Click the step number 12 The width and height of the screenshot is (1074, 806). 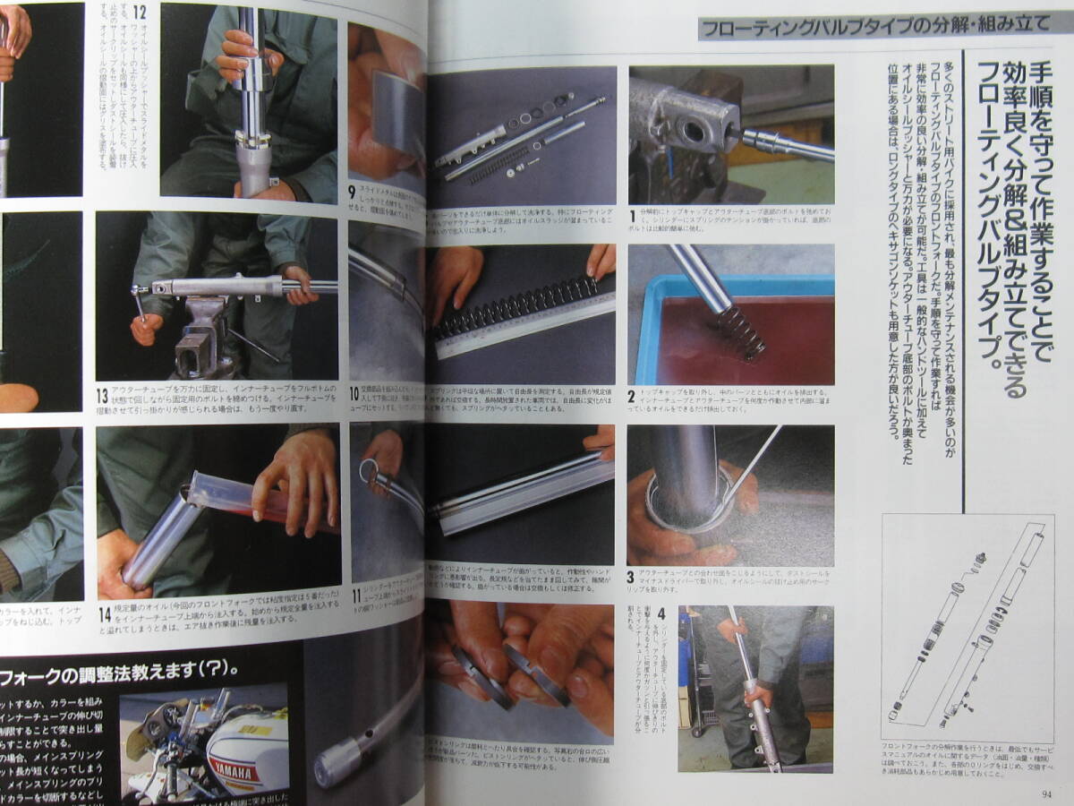[140, 15]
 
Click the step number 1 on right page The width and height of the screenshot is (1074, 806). [633, 216]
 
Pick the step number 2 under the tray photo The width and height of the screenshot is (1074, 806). [632, 395]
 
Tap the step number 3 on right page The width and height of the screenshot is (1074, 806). [632, 578]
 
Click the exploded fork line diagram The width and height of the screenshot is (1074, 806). [967, 627]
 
